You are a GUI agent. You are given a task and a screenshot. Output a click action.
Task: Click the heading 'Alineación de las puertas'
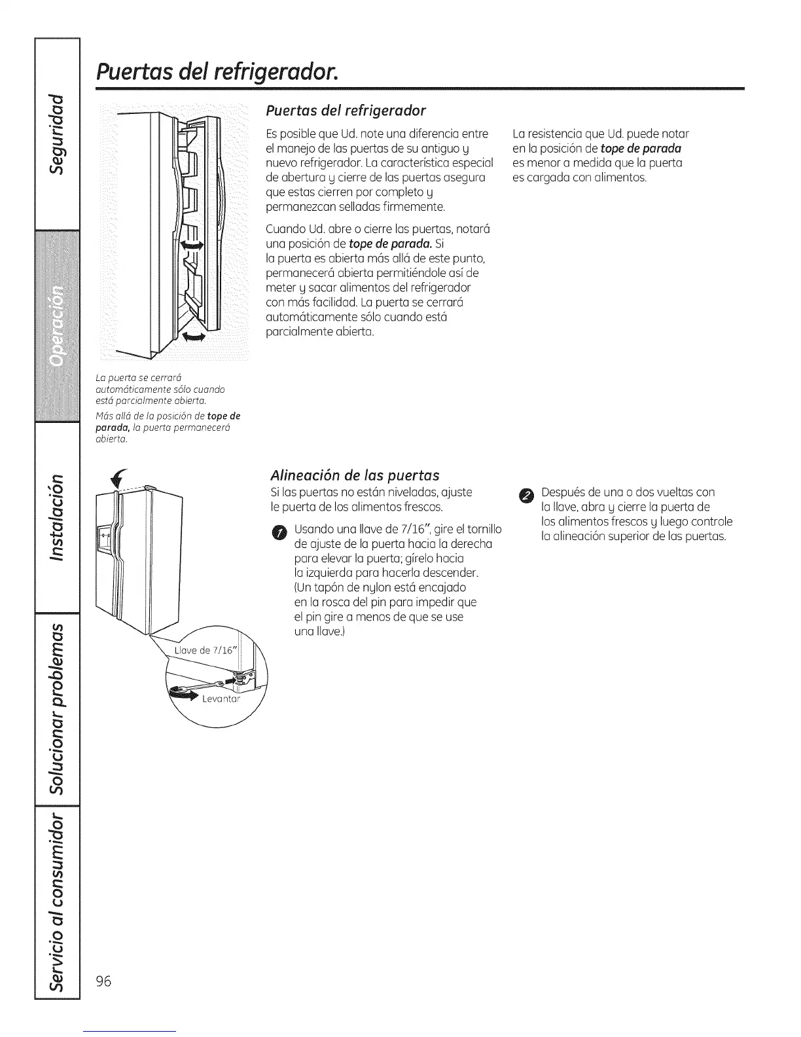point(355,475)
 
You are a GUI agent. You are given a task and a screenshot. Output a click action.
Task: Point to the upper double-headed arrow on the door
point(191,245)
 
